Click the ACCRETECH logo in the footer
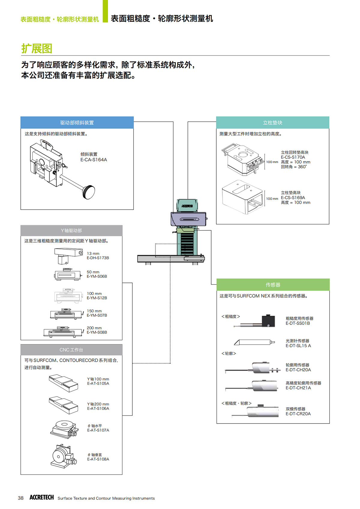(x=41, y=497)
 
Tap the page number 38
(x=20, y=498)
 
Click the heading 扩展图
(x=37, y=48)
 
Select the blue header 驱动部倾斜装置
(x=77, y=123)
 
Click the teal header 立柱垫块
(x=272, y=123)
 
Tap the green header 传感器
(x=273, y=285)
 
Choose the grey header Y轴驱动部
(x=71, y=231)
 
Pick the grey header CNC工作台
(x=71, y=350)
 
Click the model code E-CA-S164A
(x=94, y=160)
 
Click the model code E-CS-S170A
(x=293, y=157)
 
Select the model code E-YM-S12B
(x=97, y=298)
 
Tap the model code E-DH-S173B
(x=98, y=258)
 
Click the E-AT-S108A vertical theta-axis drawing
(x=64, y=456)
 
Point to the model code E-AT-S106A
(x=98, y=409)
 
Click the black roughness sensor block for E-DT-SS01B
(x=268, y=321)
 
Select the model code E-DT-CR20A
(x=298, y=414)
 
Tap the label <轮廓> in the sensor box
(x=229, y=354)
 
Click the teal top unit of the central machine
(x=187, y=205)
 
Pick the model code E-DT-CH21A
(x=298, y=388)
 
